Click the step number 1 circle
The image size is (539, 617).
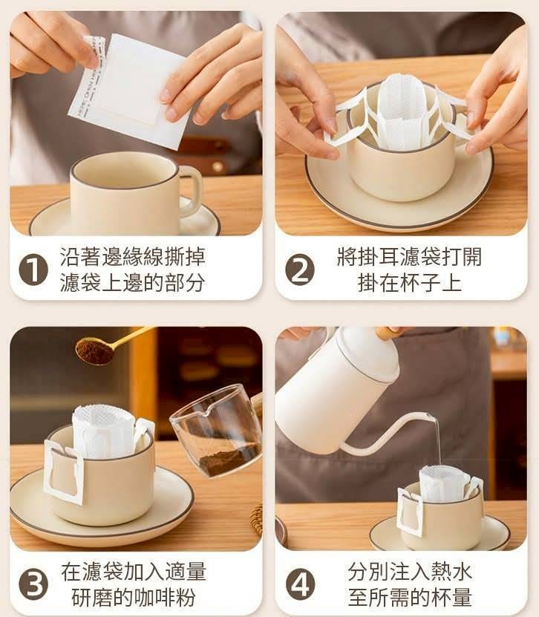pyautogui.click(x=33, y=270)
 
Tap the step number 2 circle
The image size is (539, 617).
pyautogui.click(x=300, y=270)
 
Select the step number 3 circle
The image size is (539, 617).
pyautogui.click(x=33, y=584)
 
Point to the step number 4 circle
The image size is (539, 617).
pyautogui.click(x=300, y=584)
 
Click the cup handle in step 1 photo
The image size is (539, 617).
pyautogui.click(x=192, y=190)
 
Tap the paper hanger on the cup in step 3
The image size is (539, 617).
pyautogui.click(x=64, y=472)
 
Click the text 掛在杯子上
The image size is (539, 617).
pyautogui.click(x=409, y=283)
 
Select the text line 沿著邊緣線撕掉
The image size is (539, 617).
pyautogui.click(x=133, y=257)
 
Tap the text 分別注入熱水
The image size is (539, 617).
pyautogui.click(x=410, y=572)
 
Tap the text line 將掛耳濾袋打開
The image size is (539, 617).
pyautogui.click(x=409, y=257)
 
